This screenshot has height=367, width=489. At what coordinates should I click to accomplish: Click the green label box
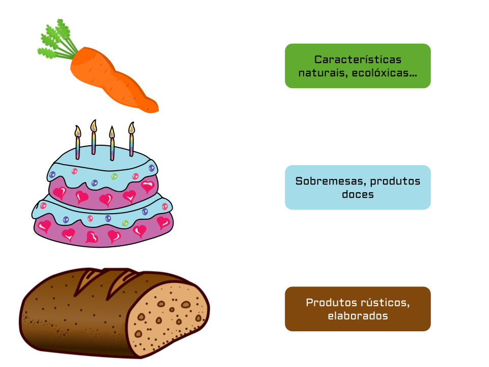pos(358,66)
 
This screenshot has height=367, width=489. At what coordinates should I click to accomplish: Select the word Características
pos(358,59)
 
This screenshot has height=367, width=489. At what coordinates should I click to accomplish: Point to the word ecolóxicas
pos(385,73)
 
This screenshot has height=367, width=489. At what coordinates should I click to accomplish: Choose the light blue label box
pos(358,187)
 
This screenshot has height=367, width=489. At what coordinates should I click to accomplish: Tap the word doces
pos(358,194)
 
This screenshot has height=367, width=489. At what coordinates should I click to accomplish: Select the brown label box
pos(358,309)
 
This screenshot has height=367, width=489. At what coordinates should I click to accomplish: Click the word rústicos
pos(385,302)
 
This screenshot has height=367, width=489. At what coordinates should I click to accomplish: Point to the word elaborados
pos(358,316)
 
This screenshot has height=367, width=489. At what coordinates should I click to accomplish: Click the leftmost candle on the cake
pos(77,142)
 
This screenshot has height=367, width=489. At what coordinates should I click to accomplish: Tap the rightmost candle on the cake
pos(131,139)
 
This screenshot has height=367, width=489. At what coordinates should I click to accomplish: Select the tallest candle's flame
pos(94,126)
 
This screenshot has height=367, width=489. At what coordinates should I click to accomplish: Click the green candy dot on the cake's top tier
pos(115,176)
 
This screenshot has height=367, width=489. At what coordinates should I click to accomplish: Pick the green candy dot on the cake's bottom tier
pos(125,223)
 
